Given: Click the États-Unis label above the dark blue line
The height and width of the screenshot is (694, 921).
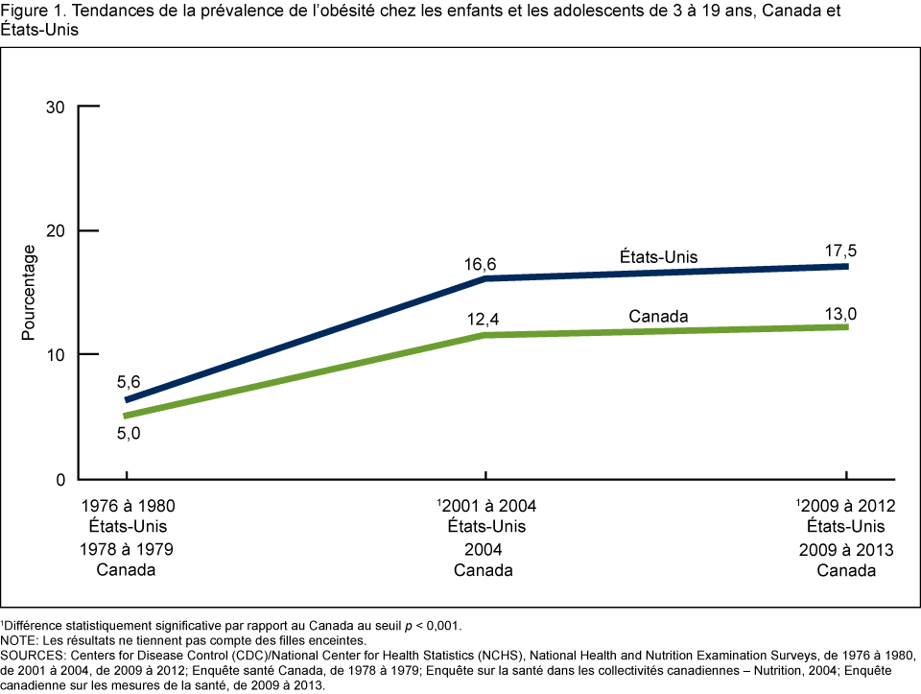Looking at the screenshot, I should pos(658,257).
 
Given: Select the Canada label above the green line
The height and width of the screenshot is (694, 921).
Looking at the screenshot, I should pos(658,316).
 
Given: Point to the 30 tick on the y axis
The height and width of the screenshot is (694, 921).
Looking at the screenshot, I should pos(55,107).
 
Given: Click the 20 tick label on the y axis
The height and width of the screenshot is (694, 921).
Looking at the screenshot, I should pos(55,230).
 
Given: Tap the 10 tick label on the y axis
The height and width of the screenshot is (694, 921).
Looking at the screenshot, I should pos(55,355).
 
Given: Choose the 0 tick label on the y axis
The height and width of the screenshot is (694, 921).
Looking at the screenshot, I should pos(59,479).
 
